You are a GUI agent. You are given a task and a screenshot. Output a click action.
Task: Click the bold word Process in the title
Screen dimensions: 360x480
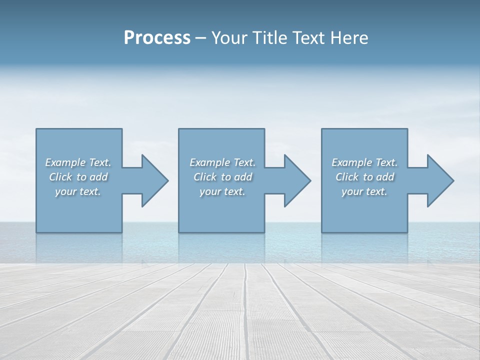click(157, 38)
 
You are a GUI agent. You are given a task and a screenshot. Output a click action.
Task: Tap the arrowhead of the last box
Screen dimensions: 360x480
click(440, 180)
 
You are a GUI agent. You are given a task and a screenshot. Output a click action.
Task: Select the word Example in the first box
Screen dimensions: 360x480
click(65, 162)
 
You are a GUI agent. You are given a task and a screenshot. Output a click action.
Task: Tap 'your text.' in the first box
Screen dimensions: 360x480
click(78, 191)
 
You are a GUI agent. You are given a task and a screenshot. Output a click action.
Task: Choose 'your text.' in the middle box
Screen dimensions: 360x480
click(222, 191)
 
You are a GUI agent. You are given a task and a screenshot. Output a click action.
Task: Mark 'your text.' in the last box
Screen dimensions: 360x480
click(364, 191)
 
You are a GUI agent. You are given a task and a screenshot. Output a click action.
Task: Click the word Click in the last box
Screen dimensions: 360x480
click(347, 177)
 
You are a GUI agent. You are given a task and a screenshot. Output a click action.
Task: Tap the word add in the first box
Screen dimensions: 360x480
click(98, 177)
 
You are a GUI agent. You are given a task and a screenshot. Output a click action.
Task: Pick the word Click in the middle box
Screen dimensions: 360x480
click(205, 177)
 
